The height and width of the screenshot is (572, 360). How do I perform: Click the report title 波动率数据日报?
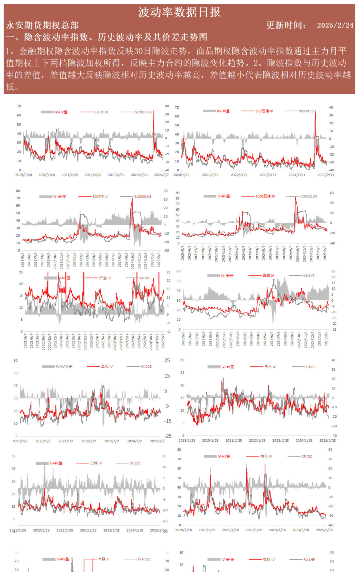179,12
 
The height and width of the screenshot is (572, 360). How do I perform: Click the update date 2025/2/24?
335,25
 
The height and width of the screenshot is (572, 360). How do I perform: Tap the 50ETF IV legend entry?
101,112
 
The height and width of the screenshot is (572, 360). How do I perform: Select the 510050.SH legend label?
143,112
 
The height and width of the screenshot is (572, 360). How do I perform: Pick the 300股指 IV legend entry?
264,111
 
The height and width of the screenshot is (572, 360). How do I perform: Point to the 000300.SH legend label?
307,111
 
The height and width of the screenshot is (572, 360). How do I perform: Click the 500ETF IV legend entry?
100,197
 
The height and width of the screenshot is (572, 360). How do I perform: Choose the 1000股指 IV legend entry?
265,196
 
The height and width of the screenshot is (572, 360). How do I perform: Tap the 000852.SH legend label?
308,196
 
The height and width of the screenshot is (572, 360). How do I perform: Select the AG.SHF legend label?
308,276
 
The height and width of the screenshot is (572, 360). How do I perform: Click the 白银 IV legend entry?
268,276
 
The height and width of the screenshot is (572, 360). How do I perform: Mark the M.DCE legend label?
146,367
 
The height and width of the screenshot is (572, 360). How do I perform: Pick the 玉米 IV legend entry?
270,367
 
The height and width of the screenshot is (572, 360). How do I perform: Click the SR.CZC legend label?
135,463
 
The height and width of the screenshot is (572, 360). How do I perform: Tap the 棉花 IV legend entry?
266,457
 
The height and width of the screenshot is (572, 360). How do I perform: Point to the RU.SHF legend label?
309,559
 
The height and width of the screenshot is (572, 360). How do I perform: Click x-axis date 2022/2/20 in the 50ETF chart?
93,175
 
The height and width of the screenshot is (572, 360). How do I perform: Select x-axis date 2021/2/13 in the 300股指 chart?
210,175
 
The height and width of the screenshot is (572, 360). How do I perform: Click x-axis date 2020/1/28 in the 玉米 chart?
210,441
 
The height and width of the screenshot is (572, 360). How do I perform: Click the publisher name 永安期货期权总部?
42,25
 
